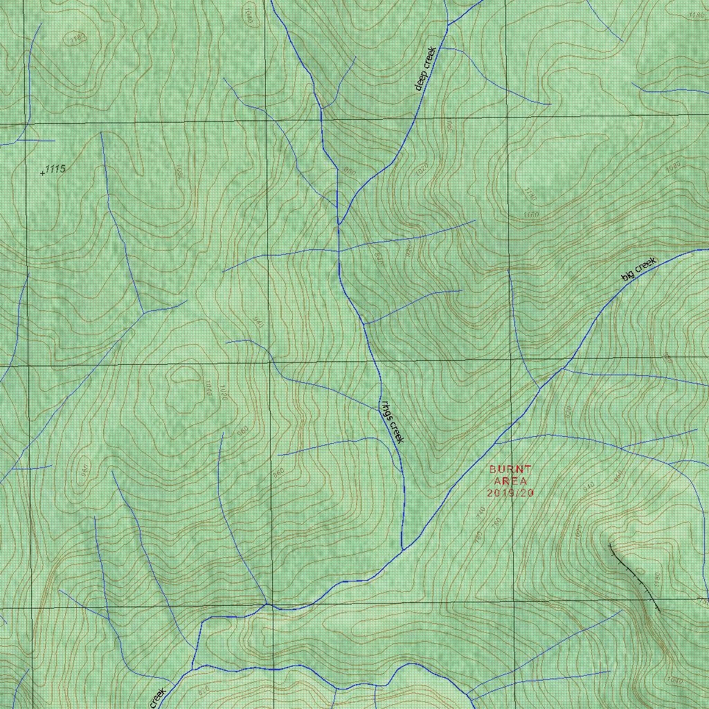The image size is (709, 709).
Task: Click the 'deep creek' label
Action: tap(425, 69)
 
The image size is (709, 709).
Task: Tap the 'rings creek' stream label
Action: tap(391, 422)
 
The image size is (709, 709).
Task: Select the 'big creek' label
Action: tap(638, 269)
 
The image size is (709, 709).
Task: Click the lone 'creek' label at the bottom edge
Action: tap(157, 698)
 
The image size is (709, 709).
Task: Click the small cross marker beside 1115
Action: tap(42, 172)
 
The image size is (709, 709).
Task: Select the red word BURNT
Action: tap(511, 469)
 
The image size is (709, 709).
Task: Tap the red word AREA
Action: tap(511, 481)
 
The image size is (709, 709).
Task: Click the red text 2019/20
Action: tap(511, 493)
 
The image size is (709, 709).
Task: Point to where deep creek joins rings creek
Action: tap(339, 223)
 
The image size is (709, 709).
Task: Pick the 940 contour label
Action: tap(589, 487)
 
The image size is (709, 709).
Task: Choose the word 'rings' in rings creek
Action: tap(386, 411)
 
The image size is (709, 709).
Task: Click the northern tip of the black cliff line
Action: tap(609, 545)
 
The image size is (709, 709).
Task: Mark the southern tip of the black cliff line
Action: tap(658, 611)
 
